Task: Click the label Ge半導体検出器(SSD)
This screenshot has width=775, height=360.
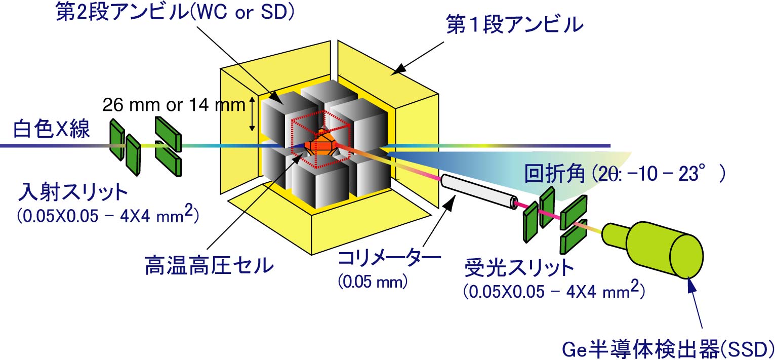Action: (667, 349)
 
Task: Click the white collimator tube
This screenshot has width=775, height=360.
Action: (478, 191)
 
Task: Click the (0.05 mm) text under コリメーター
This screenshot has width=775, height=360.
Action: (373, 282)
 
